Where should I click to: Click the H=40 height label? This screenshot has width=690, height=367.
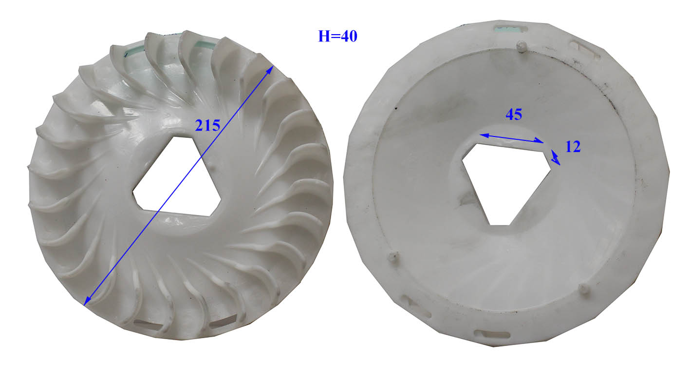click(337, 37)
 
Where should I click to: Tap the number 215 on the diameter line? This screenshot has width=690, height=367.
click(207, 126)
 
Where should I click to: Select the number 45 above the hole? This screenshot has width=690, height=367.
click(514, 115)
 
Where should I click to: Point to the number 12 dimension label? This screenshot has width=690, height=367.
click(573, 147)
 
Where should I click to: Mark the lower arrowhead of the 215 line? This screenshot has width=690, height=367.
click(88, 301)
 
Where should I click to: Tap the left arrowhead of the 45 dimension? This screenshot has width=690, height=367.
click(484, 135)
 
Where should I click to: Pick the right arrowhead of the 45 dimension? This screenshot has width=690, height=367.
click(540, 141)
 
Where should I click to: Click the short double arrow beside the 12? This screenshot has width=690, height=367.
click(556, 157)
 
